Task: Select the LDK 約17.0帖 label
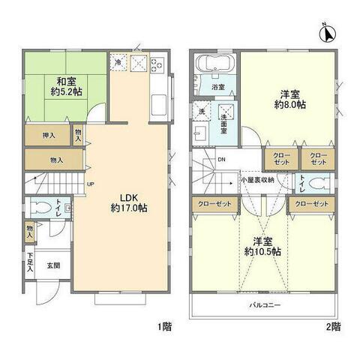coord(129,202)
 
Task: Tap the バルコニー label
coord(265,305)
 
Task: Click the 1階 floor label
coord(163,326)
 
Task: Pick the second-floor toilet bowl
coord(318,182)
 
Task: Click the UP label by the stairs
coord(89,184)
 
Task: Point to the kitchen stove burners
coord(157,65)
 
